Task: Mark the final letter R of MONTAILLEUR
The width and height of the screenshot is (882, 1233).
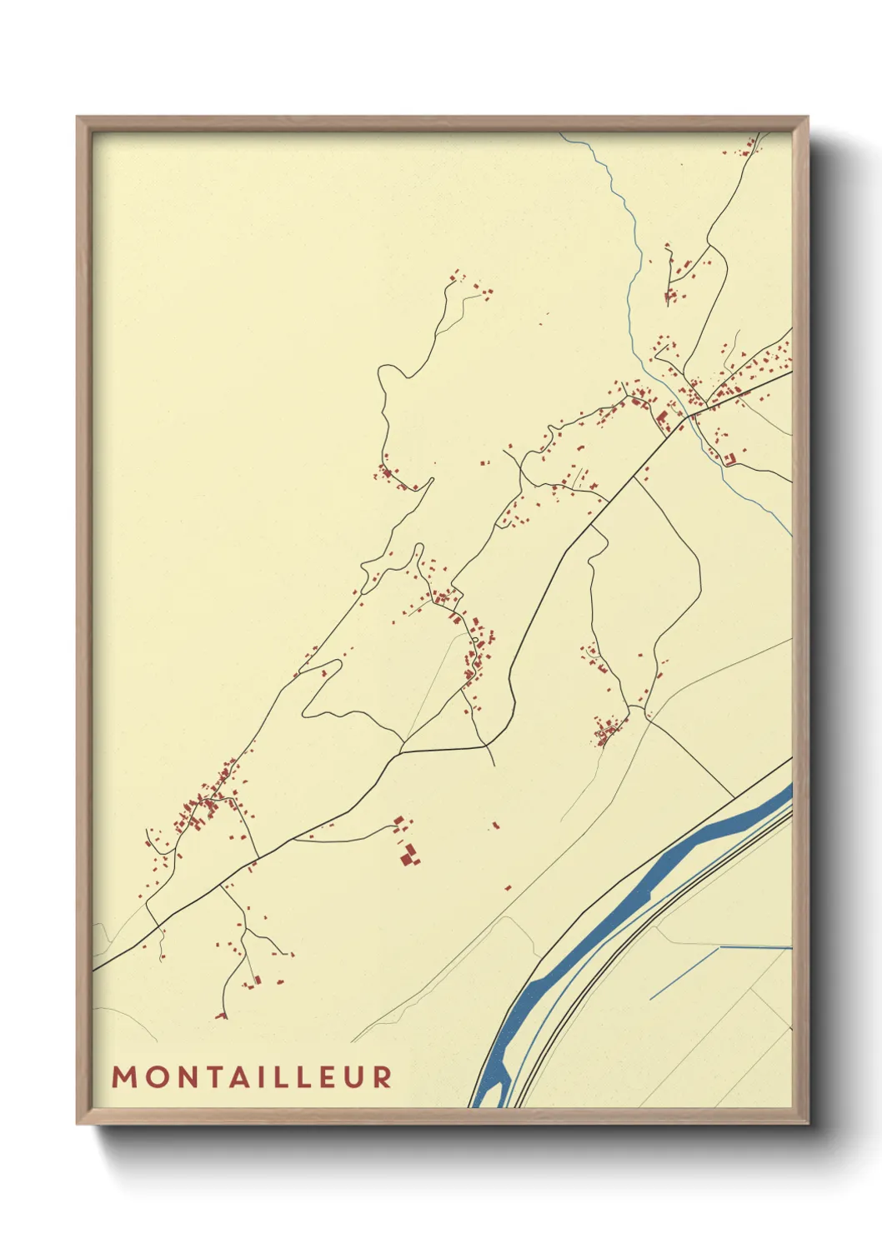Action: click(383, 1077)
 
